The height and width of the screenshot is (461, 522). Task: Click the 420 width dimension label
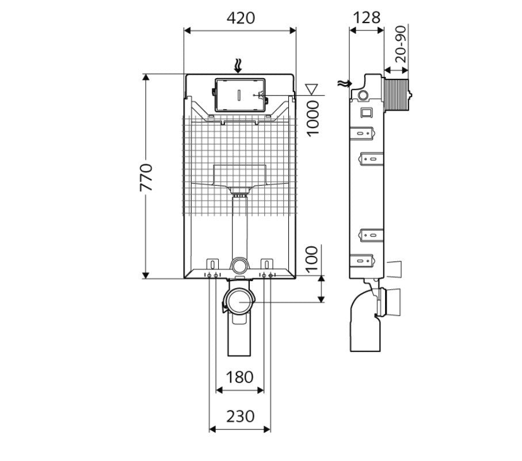pyautogui.click(x=240, y=18)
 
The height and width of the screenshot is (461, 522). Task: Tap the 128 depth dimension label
pyautogui.click(x=366, y=17)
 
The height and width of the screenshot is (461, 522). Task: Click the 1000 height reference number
pyautogui.click(x=312, y=118)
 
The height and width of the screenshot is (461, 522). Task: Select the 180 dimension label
pyautogui.click(x=239, y=377)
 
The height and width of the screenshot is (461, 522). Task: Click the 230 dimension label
pyautogui.click(x=239, y=416)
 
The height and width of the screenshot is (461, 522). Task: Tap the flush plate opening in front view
pyautogui.click(x=239, y=95)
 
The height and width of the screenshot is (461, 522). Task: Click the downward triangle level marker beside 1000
pyautogui.click(x=313, y=89)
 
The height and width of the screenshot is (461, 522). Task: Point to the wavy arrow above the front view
pyautogui.click(x=239, y=66)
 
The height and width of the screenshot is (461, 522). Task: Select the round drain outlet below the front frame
pyautogui.click(x=239, y=301)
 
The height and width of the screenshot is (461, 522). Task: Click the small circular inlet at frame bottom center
pyautogui.click(x=239, y=266)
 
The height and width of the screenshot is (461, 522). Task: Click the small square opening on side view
pyautogui.click(x=366, y=112)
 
